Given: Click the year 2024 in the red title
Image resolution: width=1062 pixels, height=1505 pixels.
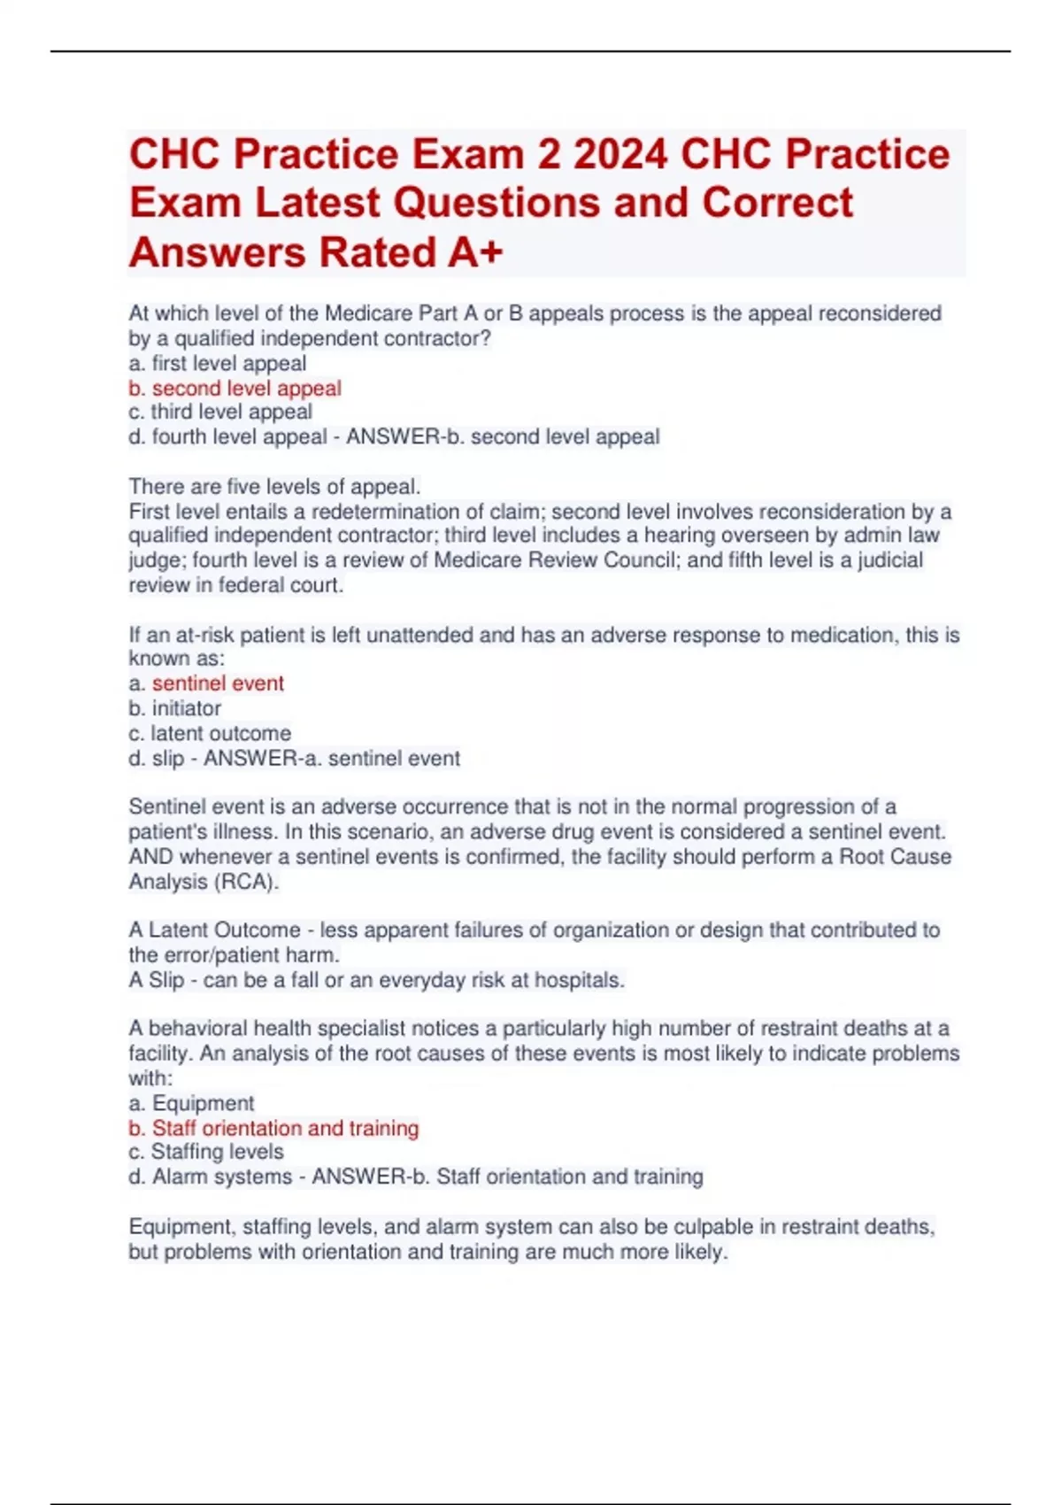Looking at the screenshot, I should coord(619,154).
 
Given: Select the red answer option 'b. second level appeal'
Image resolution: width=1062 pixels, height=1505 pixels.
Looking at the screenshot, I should coord(235,388).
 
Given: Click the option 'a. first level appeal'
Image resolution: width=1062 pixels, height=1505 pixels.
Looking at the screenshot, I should coord(217,363).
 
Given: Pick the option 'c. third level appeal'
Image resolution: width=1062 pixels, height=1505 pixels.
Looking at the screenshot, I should coord(220,412).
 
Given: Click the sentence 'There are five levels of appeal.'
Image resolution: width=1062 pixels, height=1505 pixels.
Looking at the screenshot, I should coord(274,486).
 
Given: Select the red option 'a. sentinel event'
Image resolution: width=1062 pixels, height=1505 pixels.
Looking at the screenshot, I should coord(206,683).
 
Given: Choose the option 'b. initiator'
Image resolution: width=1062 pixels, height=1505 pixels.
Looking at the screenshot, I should coord(174,708).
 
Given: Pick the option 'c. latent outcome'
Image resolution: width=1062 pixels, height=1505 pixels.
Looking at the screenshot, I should coord(210,733).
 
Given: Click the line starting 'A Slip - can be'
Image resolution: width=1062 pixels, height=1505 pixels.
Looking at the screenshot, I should coord(376,980).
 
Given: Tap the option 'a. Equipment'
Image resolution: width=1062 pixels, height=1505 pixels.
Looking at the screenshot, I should coord(191,1103).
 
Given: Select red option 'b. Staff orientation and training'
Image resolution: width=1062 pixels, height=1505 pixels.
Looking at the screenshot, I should coord(273,1128).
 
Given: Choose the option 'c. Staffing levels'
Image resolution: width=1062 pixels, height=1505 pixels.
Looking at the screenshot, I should coord(206,1152).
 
